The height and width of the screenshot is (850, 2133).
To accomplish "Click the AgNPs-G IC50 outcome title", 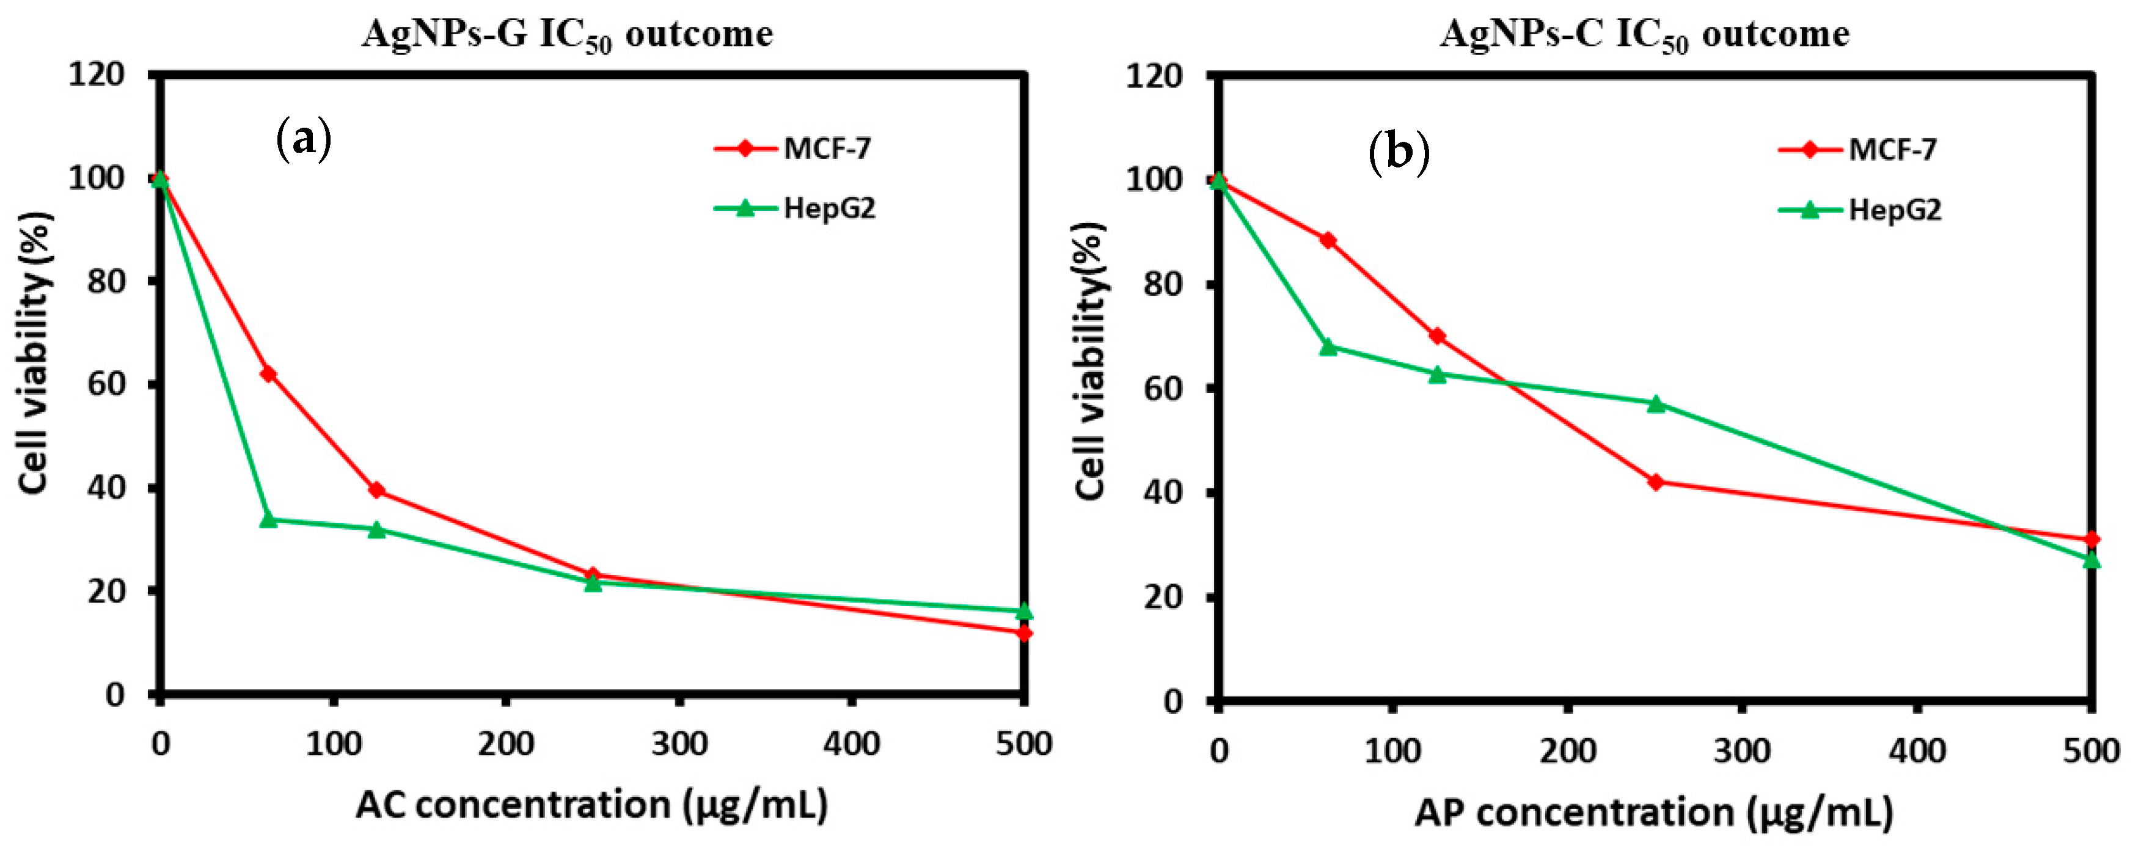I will click(567, 35).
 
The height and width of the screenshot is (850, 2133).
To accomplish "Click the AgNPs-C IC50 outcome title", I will click(1644, 35).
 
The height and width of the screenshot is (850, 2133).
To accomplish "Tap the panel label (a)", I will click(303, 139).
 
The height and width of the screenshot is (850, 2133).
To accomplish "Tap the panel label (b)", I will click(1399, 152).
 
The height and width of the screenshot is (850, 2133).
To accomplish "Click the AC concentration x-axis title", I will click(591, 804).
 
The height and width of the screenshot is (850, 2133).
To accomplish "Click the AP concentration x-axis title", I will click(1653, 812).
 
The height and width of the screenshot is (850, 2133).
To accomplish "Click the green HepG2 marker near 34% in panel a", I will click(268, 519).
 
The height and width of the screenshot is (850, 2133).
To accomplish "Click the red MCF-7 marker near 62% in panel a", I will click(268, 375).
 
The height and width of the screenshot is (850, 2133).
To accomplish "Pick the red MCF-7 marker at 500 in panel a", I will click(1024, 633).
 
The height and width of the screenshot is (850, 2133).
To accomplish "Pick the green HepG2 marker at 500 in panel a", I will click(1024, 612).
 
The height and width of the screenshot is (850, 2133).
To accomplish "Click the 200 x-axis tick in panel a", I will click(505, 743).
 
